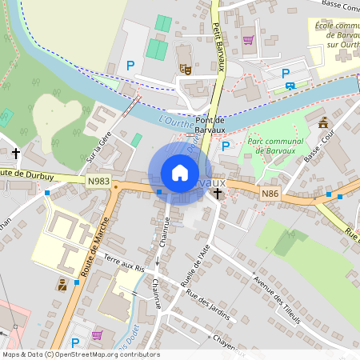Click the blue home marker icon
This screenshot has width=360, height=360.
(x=180, y=173)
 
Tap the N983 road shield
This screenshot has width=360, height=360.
(x=98, y=182)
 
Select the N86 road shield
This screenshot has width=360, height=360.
(x=270, y=193)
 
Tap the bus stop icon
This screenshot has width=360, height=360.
(x=290, y=86)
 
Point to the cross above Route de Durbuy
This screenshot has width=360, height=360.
(x=15, y=152)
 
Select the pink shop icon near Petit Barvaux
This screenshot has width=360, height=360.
(x=248, y=39)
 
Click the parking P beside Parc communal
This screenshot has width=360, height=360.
(x=226, y=146)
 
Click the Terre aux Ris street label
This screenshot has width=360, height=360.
(x=127, y=263)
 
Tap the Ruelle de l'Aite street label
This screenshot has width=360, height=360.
(x=198, y=268)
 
